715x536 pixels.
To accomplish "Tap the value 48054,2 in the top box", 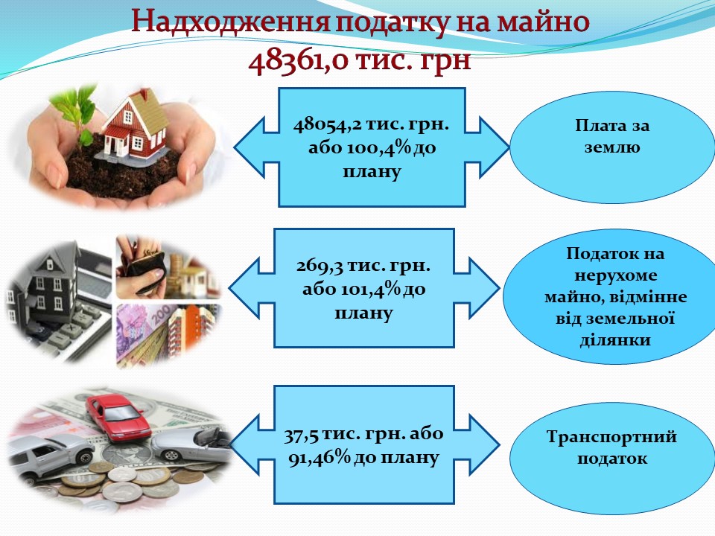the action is coord(327,124).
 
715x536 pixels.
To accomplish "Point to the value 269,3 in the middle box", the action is coord(320,266).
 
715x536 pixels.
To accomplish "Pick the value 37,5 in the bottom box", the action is coord(301,434).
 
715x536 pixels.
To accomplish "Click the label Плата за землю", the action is coord(612,136).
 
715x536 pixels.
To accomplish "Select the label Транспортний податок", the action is coord(611,447).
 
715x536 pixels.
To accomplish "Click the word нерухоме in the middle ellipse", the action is coord(616,275).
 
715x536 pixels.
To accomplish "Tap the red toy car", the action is coord(118,417).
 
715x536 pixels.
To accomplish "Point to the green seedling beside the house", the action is coord(77,114).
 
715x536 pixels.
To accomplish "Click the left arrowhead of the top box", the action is coord(250,147).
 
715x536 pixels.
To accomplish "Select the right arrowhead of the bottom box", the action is coord(484,444).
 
